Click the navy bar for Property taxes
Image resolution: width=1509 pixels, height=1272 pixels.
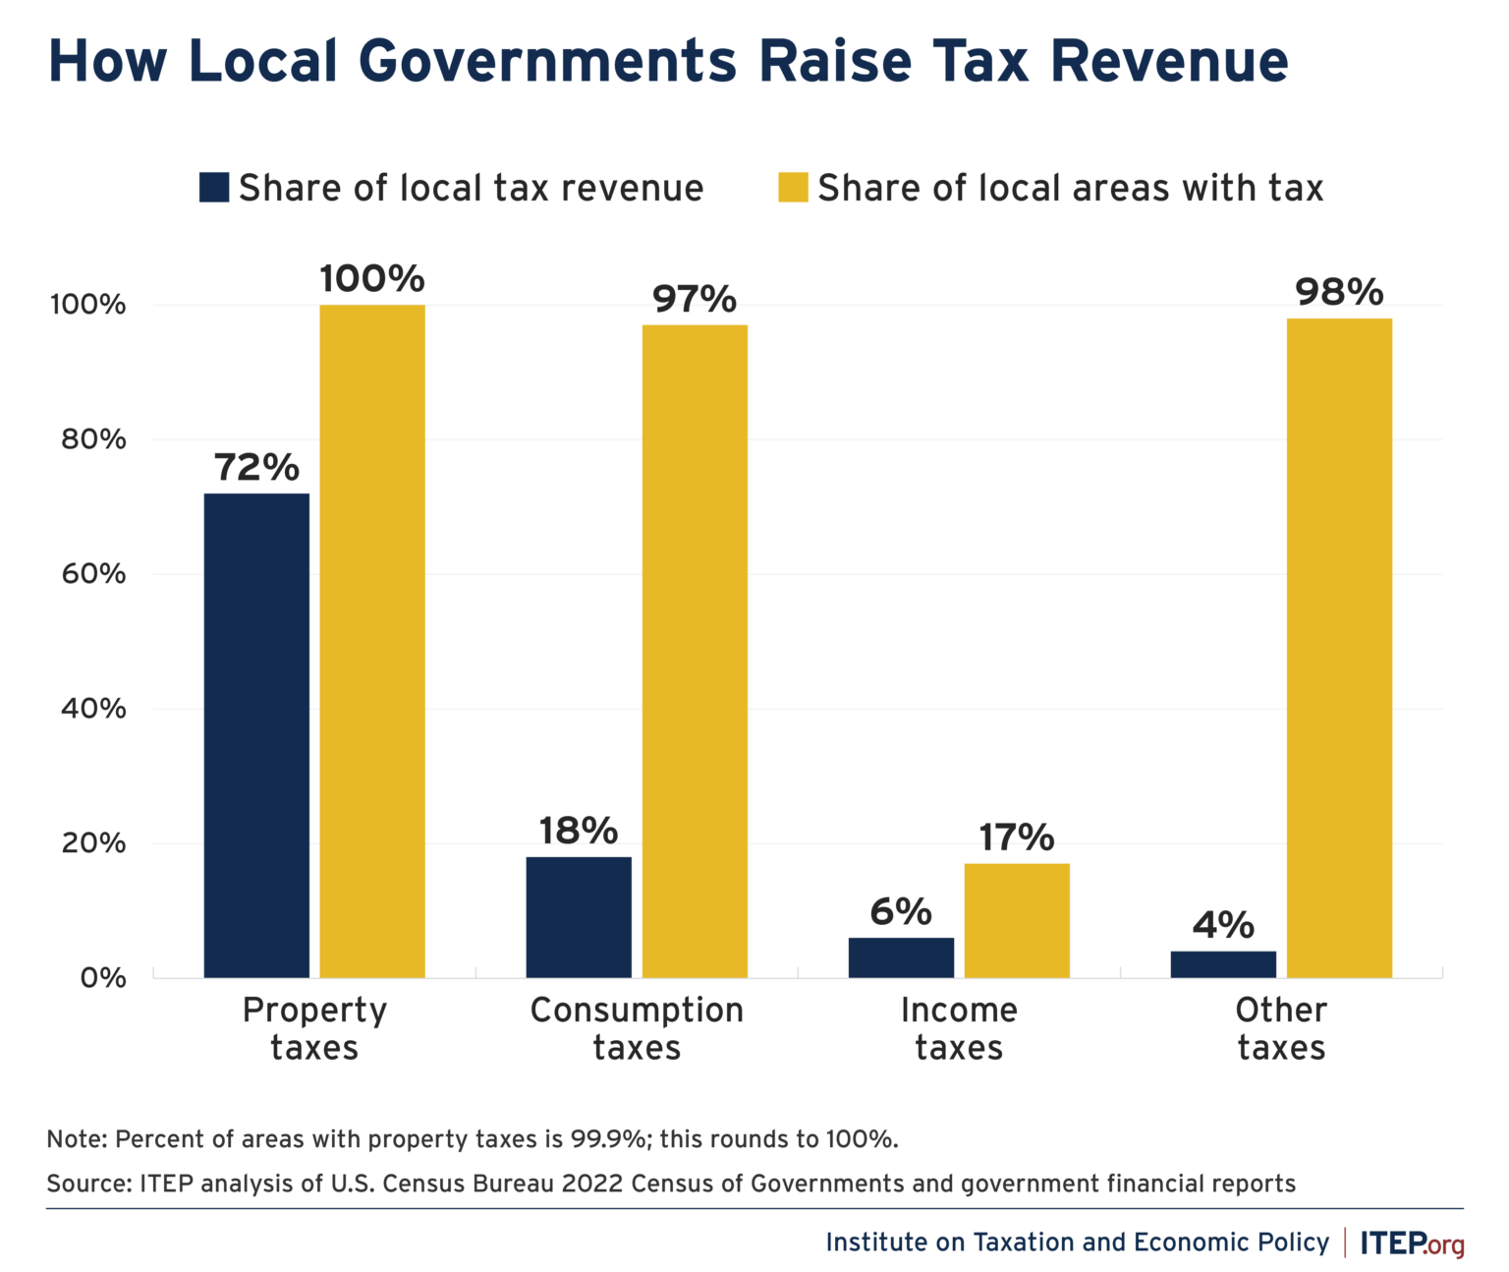[x=256, y=735]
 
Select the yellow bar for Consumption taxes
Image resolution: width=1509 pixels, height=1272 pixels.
[x=695, y=651]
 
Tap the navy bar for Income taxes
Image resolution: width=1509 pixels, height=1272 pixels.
[x=901, y=957]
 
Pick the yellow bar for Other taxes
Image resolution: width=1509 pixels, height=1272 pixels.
[x=1339, y=648]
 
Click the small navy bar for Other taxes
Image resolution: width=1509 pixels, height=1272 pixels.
[x=1223, y=964]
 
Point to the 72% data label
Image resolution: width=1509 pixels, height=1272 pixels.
[x=256, y=468]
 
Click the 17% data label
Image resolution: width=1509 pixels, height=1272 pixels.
[x=1016, y=838]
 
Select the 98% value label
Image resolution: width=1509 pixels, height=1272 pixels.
[x=1339, y=293]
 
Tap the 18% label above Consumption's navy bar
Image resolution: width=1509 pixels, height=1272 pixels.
[x=579, y=832]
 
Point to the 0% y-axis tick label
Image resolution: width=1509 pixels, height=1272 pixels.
[x=102, y=978]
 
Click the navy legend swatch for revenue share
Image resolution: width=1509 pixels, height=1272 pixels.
[x=214, y=188]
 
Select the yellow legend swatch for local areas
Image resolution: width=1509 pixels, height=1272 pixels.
[x=793, y=188]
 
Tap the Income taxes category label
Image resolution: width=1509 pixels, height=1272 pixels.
[x=959, y=1028]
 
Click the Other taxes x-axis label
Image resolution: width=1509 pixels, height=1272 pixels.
[x=1281, y=1028]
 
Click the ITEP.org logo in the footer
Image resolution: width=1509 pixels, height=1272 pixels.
[x=1412, y=1243]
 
